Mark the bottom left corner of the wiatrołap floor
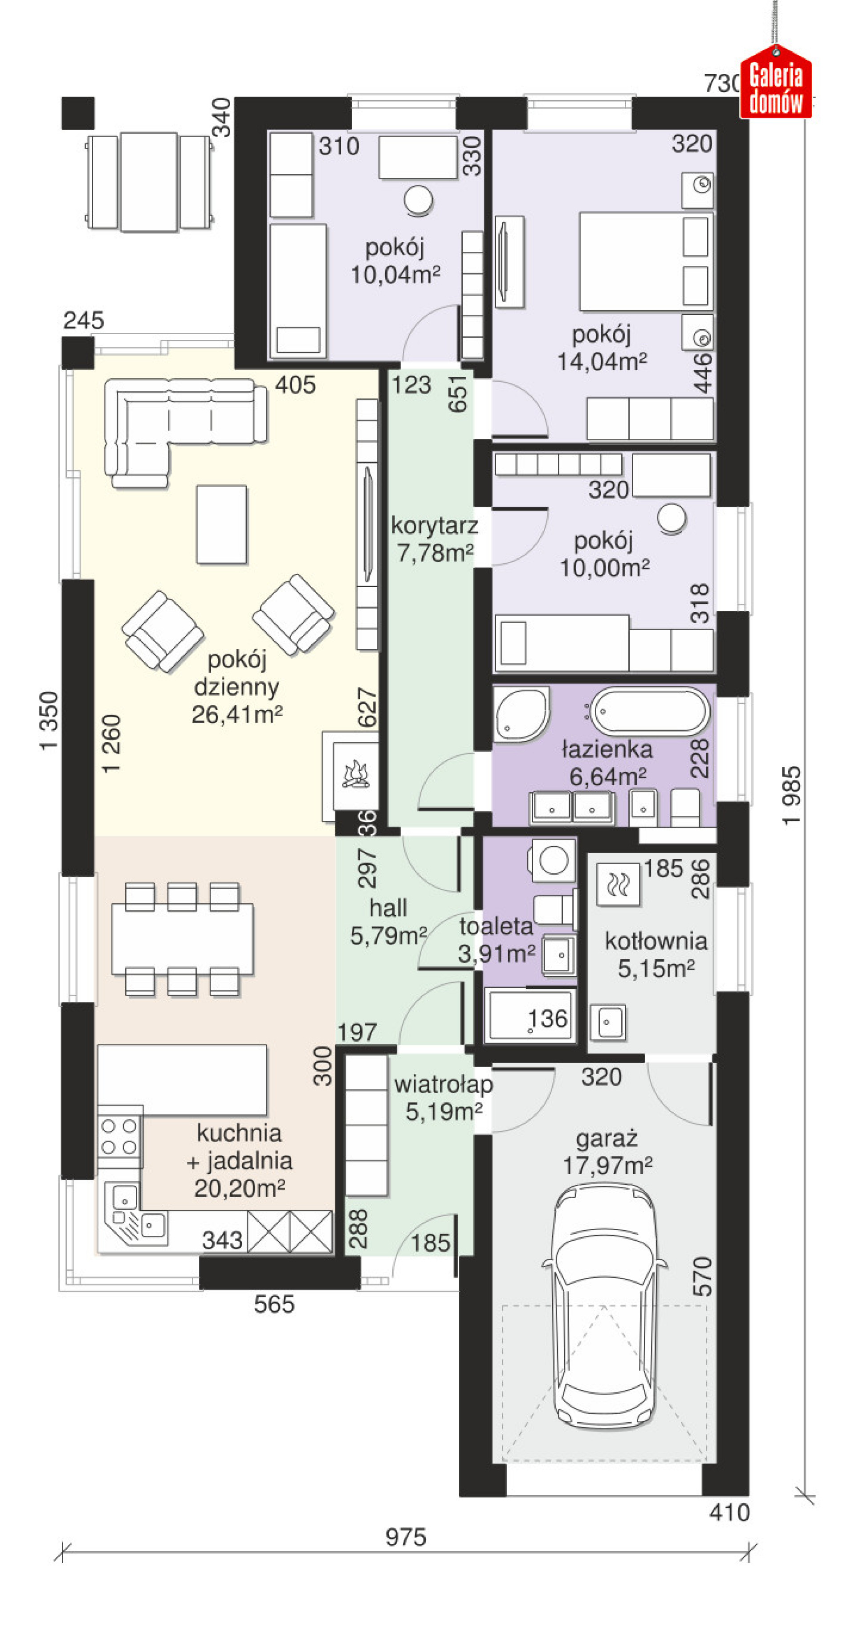coord(345,1255)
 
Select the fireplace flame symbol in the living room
coord(356,774)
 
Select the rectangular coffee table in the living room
coord(221,524)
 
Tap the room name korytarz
coord(435,526)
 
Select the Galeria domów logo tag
coord(776,82)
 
